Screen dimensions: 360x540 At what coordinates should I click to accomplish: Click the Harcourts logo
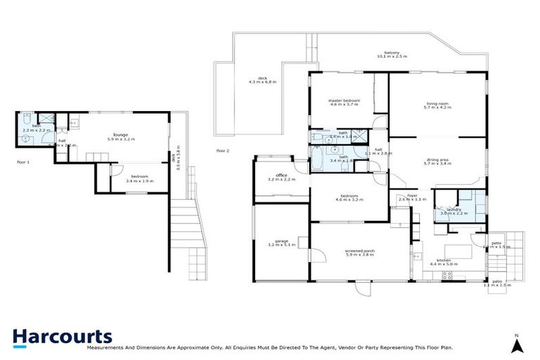63,338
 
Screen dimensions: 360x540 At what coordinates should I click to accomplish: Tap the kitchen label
444,262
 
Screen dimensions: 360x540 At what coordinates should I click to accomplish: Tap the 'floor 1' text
23,162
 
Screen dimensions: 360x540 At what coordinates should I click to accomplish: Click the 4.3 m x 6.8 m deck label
262,80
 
